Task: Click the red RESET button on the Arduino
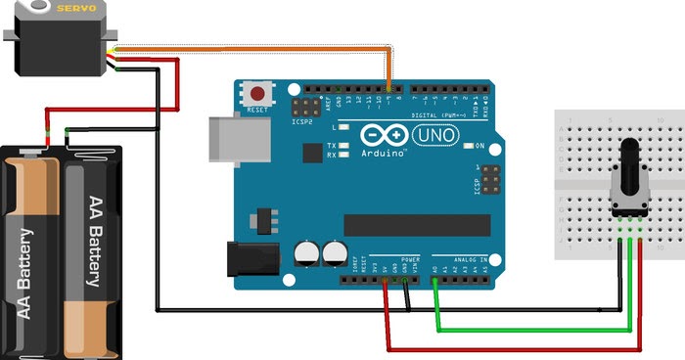tap(258, 95)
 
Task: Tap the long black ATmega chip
tap(411, 224)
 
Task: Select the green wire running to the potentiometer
tap(528, 330)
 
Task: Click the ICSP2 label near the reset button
tap(301, 122)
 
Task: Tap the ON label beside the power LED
tap(479, 146)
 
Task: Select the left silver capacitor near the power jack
tap(305, 254)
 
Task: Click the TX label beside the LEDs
tap(331, 145)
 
